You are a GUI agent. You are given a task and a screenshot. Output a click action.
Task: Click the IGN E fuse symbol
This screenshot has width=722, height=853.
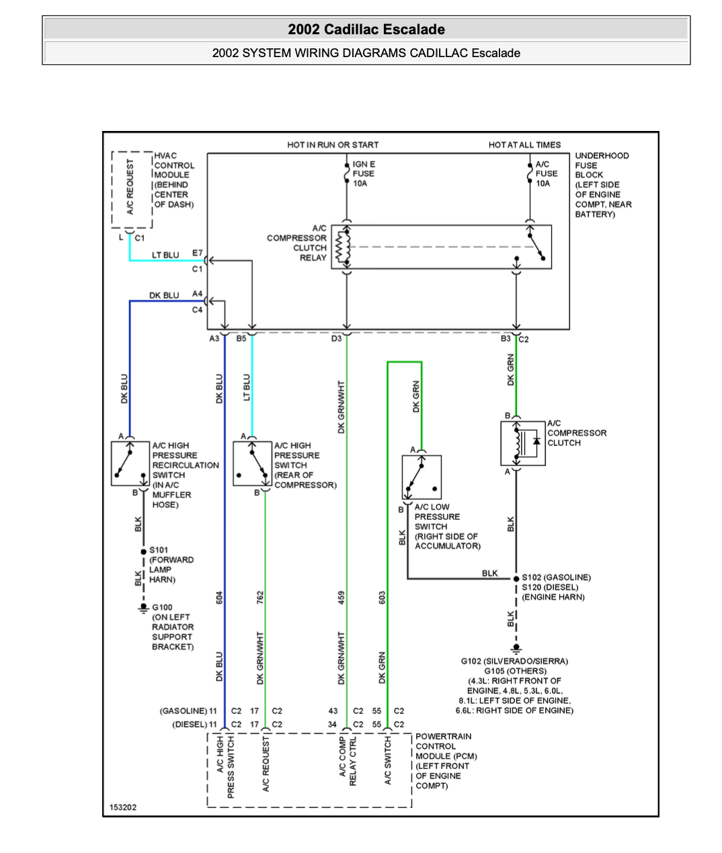pos(346,173)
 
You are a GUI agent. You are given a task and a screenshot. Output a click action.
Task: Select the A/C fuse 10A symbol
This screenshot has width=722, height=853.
pos(530,173)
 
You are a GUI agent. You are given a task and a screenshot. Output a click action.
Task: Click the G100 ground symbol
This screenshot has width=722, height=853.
pos(143,609)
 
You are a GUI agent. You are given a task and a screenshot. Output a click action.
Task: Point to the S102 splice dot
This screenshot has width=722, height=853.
pos(516,578)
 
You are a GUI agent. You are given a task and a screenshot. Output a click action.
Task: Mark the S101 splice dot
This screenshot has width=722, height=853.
pos(143,551)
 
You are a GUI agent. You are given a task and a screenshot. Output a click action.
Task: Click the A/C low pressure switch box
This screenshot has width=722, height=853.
pos(422,477)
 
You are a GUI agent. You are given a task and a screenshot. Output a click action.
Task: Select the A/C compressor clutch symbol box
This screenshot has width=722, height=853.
pos(523,443)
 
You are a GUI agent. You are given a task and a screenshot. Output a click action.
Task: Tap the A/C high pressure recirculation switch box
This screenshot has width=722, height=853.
pos(130,463)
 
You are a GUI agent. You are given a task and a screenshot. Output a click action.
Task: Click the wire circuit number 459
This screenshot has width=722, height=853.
pos(342,598)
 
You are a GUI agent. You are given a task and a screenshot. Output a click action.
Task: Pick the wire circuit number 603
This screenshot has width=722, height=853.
pos(382,598)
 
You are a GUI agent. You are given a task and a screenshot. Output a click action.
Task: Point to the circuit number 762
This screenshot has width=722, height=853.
pos(259,598)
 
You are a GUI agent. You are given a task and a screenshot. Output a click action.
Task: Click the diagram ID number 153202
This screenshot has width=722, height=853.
pos(122,807)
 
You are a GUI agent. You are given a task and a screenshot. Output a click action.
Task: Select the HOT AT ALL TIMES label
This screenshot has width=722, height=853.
pos(524,145)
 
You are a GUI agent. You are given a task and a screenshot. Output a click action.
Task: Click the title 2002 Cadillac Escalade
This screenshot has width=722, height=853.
pos(366,30)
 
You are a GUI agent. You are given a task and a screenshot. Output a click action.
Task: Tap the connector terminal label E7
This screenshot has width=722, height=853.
pos(197,253)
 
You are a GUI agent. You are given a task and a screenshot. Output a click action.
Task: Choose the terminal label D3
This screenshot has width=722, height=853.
pos(336,339)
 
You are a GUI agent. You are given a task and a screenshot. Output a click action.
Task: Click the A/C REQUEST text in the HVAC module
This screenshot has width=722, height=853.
pos(130,187)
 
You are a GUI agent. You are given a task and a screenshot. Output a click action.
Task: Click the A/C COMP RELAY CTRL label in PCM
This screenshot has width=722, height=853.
pos(348,762)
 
